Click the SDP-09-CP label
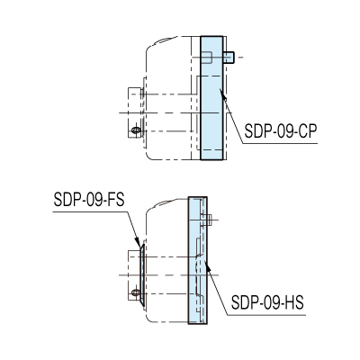[281, 130]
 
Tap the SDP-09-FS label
[89, 200]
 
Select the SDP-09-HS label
[267, 302]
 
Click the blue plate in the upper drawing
[211, 98]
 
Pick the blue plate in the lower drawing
[198, 260]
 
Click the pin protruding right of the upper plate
[229, 58]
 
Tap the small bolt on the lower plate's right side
[209, 220]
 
